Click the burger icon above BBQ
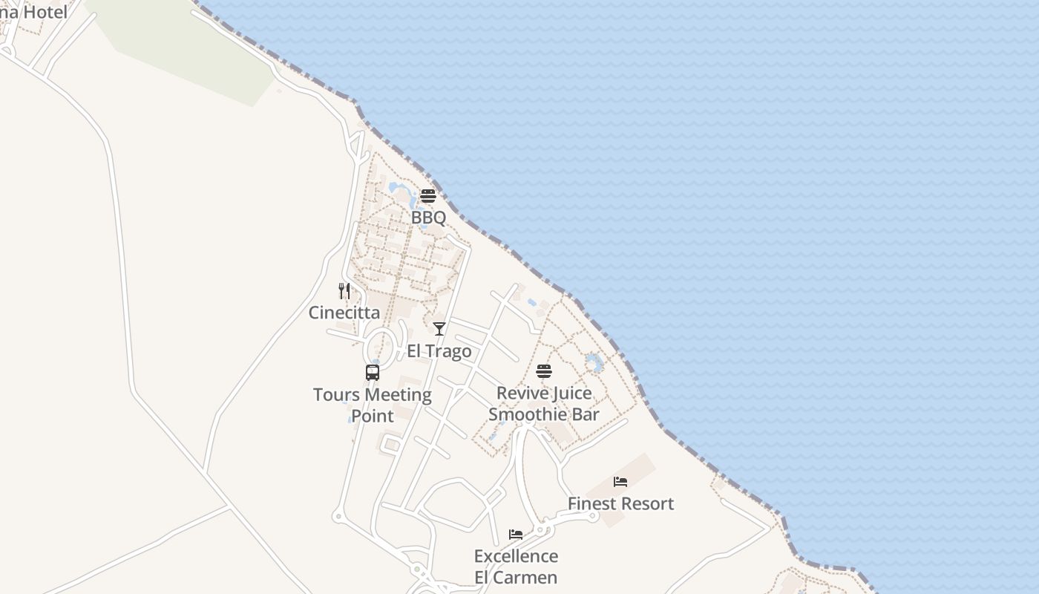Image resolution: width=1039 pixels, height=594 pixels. pos(428,196)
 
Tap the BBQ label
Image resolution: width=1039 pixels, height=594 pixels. pos(428,218)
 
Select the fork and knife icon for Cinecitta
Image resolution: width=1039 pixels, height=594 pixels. pos(344,291)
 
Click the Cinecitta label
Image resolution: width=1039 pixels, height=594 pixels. pos(344,313)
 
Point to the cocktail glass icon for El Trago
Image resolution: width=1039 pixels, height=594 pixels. pos(439,329)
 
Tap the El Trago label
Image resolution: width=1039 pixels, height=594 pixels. pos(439,351)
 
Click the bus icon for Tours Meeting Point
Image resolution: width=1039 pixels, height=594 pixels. pos(373,373)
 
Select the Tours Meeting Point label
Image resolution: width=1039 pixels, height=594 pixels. pos(373,405)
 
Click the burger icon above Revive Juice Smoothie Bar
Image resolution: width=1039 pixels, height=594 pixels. pos(544,371)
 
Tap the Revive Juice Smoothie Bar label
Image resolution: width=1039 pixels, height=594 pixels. pos(544,404)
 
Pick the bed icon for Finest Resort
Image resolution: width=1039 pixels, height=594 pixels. pos(620,482)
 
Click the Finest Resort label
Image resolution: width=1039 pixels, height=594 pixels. pos(620,503)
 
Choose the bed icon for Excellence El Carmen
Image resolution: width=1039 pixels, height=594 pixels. pos(516,535)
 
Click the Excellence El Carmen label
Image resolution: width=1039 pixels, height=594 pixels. pos(516,567)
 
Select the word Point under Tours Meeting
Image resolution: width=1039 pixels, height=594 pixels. pos(373,416)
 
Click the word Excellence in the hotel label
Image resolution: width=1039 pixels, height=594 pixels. pos(516,556)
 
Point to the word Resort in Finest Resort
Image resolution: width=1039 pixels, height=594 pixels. pos(646,503)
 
